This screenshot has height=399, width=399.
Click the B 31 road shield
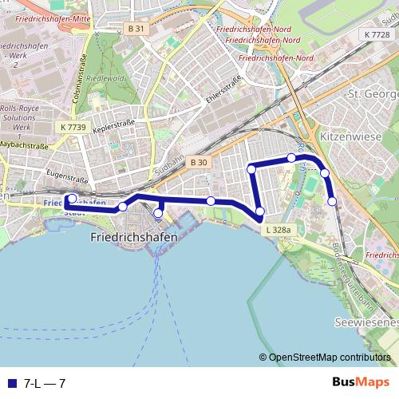136,29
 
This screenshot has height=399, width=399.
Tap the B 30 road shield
199,163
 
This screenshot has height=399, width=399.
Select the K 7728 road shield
377,34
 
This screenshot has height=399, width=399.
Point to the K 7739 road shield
73,127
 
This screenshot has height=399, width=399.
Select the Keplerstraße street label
113,126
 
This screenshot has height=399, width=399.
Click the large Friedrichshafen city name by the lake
123,237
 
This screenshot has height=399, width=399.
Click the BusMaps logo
361,383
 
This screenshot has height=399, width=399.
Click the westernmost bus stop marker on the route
72,199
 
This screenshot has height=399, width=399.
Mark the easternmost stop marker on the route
332,202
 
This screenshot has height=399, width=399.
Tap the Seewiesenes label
366,322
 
